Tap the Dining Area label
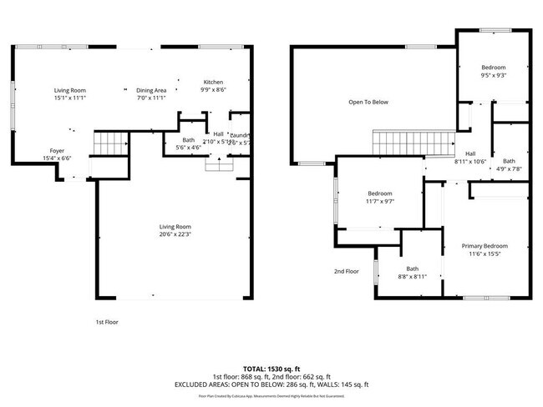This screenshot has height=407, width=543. (x=151, y=90)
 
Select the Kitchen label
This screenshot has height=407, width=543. (x=214, y=82)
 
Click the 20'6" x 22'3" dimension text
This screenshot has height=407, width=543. (x=176, y=234)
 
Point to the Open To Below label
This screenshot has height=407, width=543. (x=368, y=103)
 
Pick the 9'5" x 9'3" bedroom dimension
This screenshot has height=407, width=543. (x=494, y=75)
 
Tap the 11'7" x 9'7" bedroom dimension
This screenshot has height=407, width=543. (x=380, y=201)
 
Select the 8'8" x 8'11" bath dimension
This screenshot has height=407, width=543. (x=412, y=276)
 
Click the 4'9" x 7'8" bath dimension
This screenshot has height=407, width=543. (x=509, y=168)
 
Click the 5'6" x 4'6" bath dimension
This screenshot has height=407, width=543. (x=188, y=148)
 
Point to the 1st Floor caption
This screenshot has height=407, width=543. (x=106, y=321)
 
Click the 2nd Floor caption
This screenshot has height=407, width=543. (x=347, y=271)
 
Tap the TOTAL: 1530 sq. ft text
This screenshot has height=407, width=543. (x=271, y=368)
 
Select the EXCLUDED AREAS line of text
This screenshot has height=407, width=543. (x=271, y=385)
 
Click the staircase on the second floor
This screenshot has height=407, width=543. (x=413, y=141)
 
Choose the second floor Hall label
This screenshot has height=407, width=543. (x=470, y=153)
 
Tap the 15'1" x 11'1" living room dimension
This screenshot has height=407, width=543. (x=70, y=98)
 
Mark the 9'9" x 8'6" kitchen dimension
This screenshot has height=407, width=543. (x=214, y=90)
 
